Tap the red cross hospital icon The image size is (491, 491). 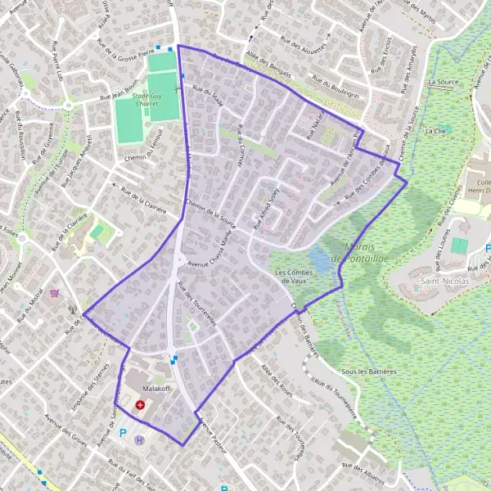(x=140, y=405)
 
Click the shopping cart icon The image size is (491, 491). (x=54, y=293)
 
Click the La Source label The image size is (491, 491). (x=443, y=83)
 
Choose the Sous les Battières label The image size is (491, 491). (x=368, y=371)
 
